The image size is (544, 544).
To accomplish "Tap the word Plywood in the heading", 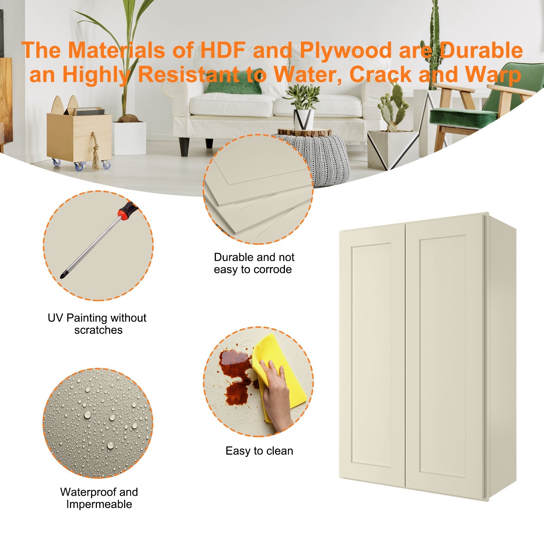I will [x=345, y=50].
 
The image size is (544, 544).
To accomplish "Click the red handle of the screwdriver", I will [x=126, y=208].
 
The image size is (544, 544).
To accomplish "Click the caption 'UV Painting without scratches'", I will [x=97, y=324].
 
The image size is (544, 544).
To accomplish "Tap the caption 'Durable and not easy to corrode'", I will [x=254, y=263].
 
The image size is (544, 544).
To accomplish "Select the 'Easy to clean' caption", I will [x=259, y=451].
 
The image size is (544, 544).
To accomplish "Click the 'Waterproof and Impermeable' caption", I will [x=99, y=498].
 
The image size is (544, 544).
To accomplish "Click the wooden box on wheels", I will [x=79, y=136].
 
